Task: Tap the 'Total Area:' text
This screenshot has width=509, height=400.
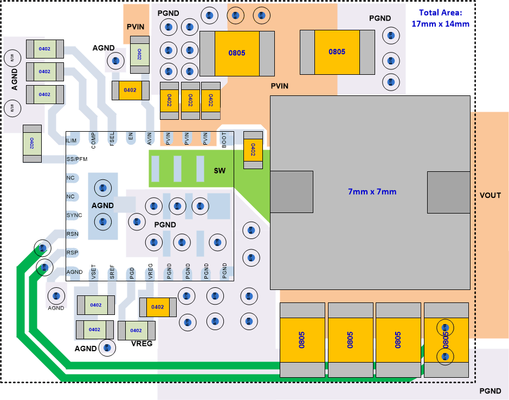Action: pyautogui.click(x=440, y=13)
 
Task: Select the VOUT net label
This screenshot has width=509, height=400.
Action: pyautogui.click(x=491, y=195)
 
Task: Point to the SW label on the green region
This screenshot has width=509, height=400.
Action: pyautogui.click(x=219, y=171)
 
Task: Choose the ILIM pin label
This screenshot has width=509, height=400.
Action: pyautogui.click(x=71, y=141)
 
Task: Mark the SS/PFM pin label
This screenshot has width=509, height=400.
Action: pyautogui.click(x=76, y=159)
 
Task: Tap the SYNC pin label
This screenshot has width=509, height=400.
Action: pyautogui.click(x=74, y=215)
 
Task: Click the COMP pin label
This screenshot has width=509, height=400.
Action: pyautogui.click(x=93, y=140)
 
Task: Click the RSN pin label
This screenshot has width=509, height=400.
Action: pyautogui.click(x=72, y=234)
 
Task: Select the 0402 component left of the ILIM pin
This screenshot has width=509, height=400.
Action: pyautogui.click(x=32, y=143)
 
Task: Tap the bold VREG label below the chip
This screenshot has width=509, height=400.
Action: pyautogui.click(x=141, y=344)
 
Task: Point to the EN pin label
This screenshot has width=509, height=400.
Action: pyautogui.click(x=131, y=138)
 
